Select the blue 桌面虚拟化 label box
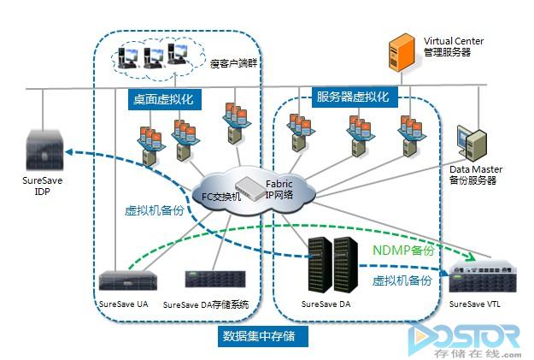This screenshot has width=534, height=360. click(162, 99)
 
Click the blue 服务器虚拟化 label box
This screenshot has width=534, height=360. click(352, 96)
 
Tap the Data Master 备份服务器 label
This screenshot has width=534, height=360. click(473, 175)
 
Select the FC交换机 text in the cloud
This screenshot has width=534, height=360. click(221, 195)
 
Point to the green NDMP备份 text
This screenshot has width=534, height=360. click(403, 251)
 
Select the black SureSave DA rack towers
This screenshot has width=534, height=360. click(332, 260)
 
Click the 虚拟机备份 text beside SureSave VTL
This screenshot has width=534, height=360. click(401, 280)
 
